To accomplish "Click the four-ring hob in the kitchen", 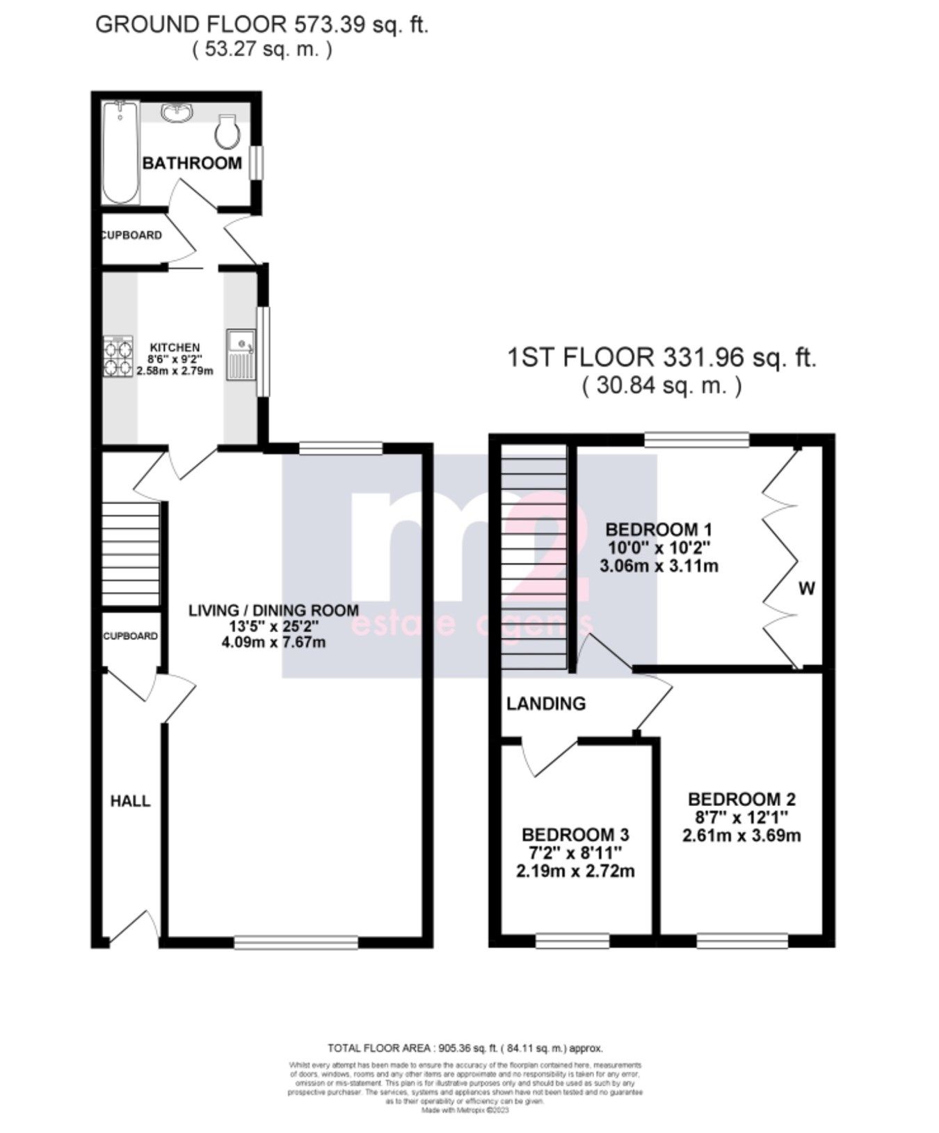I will point(118,356).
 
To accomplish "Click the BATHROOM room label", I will point(192,163).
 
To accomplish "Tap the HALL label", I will point(131,801).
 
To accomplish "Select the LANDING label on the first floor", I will point(546,704).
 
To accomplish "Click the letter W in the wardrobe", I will point(806,589).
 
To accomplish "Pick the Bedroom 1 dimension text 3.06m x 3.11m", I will point(659,566).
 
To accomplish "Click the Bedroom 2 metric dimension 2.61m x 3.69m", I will point(741,834).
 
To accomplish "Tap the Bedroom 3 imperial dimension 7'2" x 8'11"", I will point(576,853).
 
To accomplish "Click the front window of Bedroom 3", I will point(572,942).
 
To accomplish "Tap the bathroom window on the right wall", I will point(257,162).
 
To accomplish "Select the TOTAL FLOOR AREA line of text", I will point(465,1047).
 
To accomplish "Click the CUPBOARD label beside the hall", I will point(130,636).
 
